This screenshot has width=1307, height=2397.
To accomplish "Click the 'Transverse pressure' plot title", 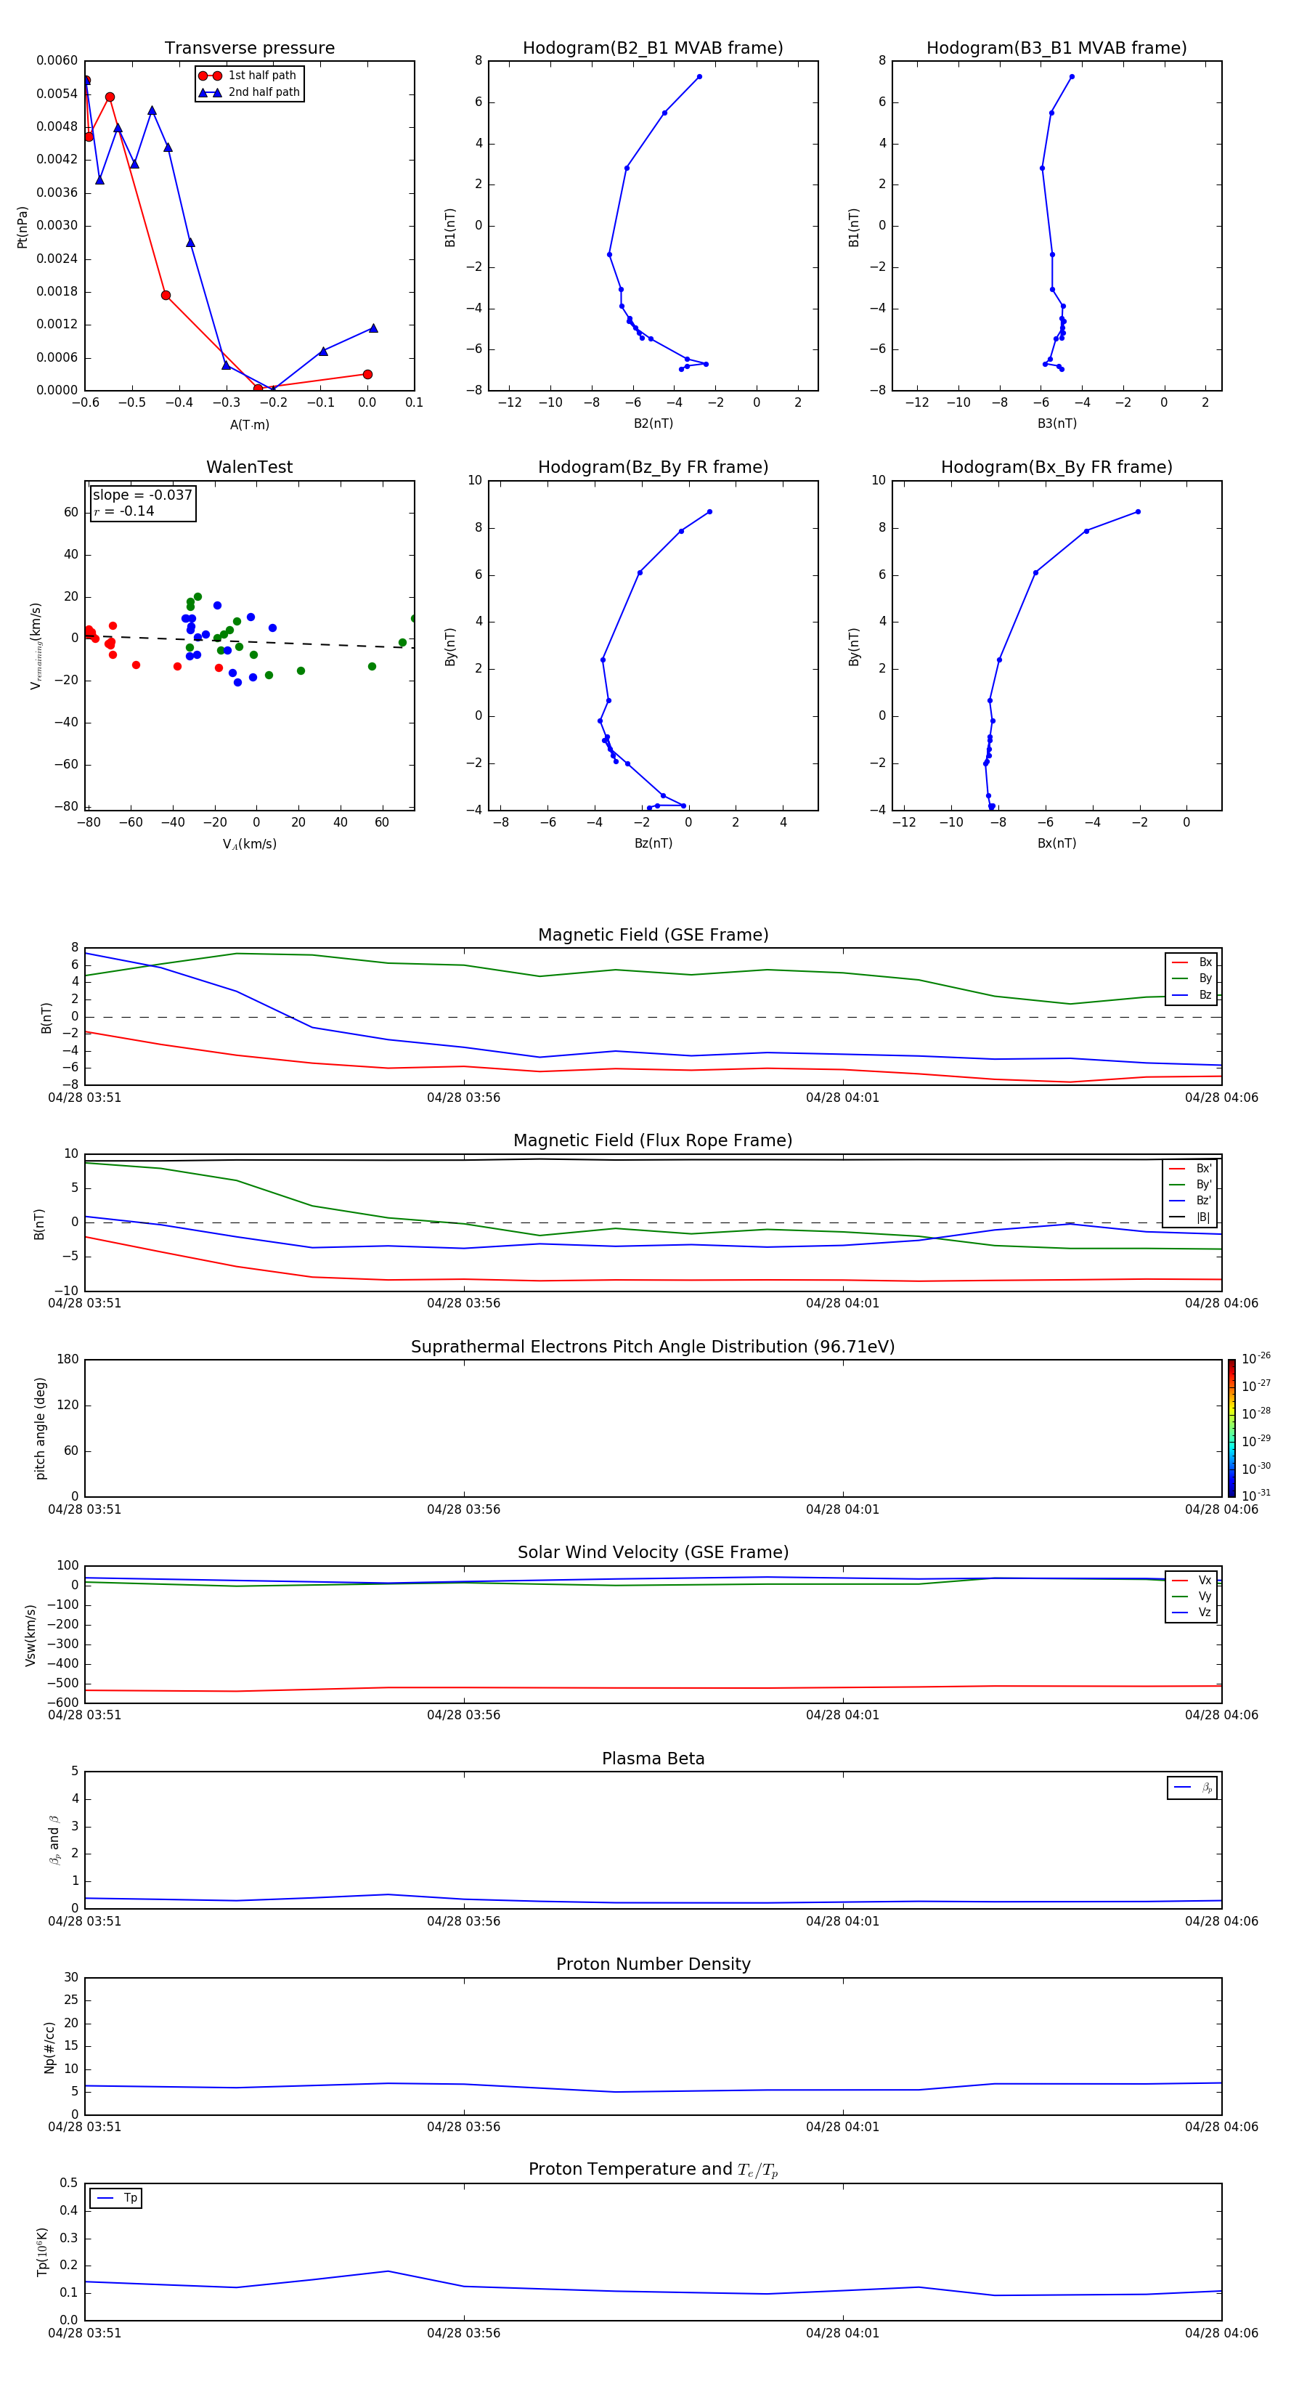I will click(249, 49).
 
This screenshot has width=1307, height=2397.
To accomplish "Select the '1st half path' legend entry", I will click(261, 76).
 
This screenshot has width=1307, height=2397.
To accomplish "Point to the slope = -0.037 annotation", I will click(142, 495).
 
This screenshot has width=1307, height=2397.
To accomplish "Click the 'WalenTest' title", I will click(249, 467).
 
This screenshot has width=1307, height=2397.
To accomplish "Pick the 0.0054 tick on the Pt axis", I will click(57, 94).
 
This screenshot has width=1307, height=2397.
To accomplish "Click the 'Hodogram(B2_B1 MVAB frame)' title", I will click(652, 49).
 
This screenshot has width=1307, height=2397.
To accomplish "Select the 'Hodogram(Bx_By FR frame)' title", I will click(1056, 467).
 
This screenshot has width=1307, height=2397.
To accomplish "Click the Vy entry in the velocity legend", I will click(1204, 1596).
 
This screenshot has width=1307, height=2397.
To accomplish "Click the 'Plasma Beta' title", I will click(653, 1759).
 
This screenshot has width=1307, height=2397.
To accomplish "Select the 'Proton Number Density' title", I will click(653, 1964).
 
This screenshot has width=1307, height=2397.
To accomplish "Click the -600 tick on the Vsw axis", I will click(62, 1703).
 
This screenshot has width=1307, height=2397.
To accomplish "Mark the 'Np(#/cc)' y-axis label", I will click(50, 2047).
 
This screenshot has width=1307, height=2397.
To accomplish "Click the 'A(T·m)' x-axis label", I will click(249, 425).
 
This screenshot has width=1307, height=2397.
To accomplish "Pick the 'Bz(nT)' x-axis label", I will click(653, 843).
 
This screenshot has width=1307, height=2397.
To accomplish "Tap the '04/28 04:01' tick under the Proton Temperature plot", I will click(842, 2333).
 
